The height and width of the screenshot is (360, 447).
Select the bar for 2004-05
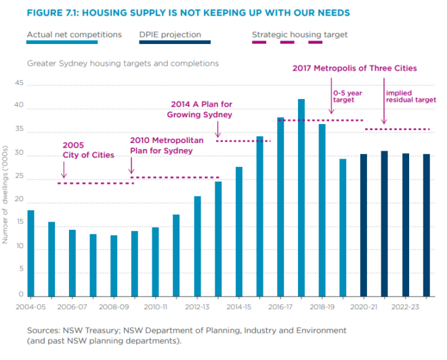[30, 254]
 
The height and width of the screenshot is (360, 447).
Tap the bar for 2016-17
[280, 207]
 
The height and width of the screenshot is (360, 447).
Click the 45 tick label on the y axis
[19, 84]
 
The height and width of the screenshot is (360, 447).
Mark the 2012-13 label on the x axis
[197, 306]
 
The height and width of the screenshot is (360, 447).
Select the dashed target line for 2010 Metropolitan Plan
[175, 178]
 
